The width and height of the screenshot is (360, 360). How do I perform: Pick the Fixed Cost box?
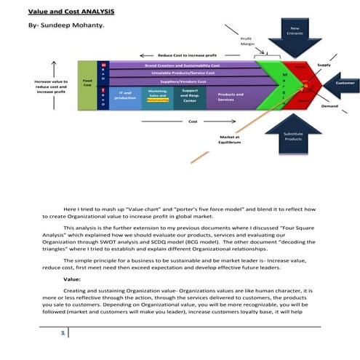tap(87, 83)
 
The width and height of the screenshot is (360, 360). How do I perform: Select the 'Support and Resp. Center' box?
tap(190, 96)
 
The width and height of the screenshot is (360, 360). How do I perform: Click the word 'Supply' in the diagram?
tap(324, 65)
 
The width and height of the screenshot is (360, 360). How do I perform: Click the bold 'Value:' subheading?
tap(72, 278)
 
